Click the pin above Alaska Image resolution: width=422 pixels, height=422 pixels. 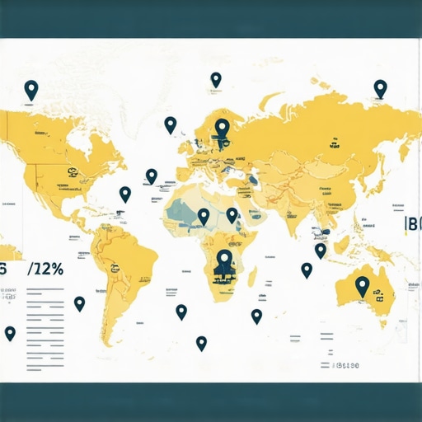click(31, 89)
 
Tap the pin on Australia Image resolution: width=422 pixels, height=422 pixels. click(362, 285)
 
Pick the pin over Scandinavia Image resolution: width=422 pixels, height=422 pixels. click(222, 128)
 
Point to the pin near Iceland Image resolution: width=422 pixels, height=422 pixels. click(171, 124)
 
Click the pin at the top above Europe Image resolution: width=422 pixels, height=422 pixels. click(216, 79)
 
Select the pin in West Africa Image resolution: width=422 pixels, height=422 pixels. click(204, 216)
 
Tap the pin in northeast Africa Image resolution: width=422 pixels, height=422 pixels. click(232, 214)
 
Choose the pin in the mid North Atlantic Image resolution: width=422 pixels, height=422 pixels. click(152, 176)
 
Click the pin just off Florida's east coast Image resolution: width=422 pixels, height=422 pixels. click(125, 194)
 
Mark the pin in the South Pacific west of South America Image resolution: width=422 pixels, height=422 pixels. click(80, 303)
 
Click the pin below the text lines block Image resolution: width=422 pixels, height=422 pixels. click(10, 333)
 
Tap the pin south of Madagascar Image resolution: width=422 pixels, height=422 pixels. click(256, 316)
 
